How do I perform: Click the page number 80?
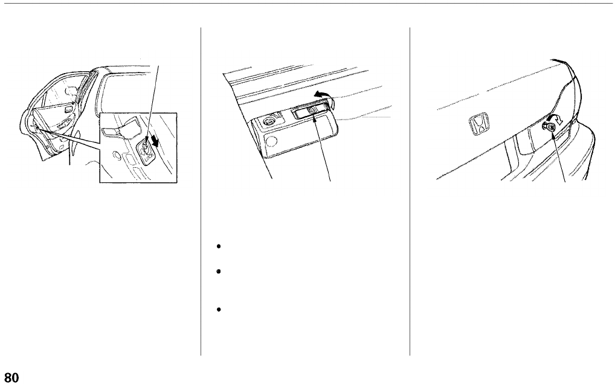coord(11,378)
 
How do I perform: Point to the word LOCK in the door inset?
coord(147,158)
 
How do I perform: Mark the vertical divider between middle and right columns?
coord(410,193)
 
